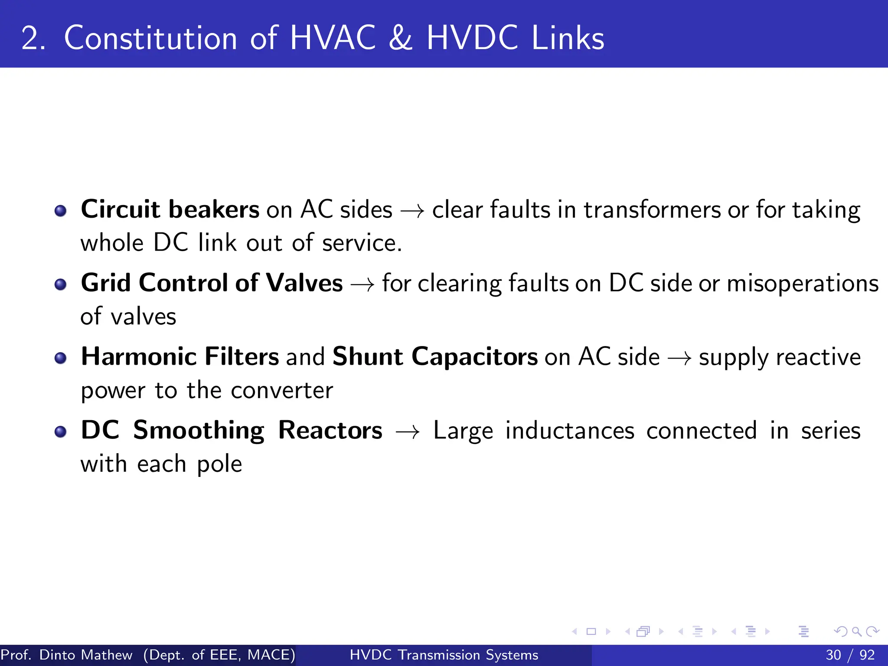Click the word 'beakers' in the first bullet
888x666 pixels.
coord(214,209)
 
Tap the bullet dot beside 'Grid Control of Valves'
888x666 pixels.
coord(61,284)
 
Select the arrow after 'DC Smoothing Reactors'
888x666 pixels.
coord(408,432)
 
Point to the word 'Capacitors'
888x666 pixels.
coord(474,357)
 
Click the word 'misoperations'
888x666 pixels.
coord(803,284)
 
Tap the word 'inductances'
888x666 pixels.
coord(570,431)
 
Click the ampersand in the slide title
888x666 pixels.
coord(401,38)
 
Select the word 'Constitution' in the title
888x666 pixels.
coord(150,38)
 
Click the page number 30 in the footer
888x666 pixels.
coord(833,655)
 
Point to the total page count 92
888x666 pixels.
coord(867,655)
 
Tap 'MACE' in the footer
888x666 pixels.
coord(269,655)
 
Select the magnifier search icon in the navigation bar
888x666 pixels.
coord(856,631)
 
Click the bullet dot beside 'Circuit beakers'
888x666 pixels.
coord(61,211)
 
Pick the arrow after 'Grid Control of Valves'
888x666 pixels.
coord(362,285)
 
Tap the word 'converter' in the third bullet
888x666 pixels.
coord(282,390)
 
